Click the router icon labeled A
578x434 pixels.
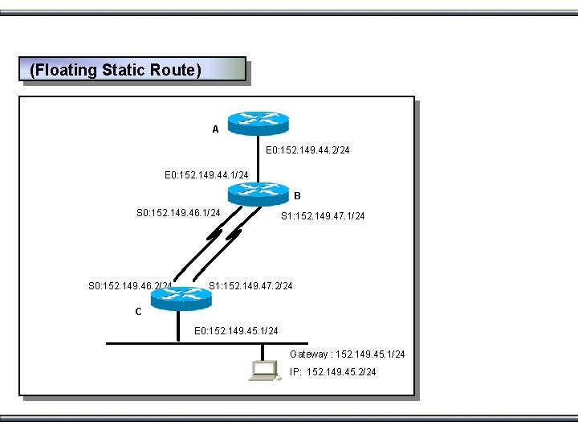click(258, 121)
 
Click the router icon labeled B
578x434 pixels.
click(258, 193)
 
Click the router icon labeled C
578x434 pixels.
click(181, 297)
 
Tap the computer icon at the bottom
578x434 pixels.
click(264, 370)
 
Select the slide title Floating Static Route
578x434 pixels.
click(115, 70)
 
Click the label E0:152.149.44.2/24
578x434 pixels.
click(307, 149)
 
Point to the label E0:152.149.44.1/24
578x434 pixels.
click(206, 174)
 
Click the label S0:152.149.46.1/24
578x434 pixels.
click(178, 213)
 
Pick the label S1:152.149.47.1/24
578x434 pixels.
click(322, 216)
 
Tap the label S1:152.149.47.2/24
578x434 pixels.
click(250, 286)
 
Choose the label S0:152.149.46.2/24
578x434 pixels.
click(128, 286)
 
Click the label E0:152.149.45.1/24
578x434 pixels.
click(236, 331)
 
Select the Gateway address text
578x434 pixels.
click(347, 354)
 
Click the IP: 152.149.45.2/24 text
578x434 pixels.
click(332, 372)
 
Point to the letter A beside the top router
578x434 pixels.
click(215, 129)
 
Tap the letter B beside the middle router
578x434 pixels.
click(297, 195)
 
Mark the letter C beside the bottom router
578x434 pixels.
click(138, 312)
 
